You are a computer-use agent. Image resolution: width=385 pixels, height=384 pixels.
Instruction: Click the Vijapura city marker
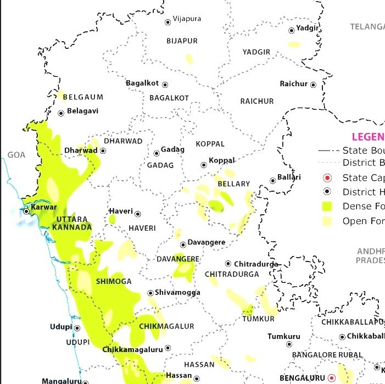(x=168, y=22)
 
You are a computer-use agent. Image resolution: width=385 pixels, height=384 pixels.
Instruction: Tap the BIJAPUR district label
(x=182, y=41)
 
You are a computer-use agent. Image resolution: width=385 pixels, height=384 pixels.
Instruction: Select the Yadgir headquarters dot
(x=292, y=31)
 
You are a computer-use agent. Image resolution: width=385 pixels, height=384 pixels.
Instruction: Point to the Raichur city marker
(x=313, y=85)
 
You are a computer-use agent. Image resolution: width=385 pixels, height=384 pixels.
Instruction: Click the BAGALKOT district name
(x=169, y=98)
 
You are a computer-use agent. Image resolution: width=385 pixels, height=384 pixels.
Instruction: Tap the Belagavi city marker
(x=61, y=113)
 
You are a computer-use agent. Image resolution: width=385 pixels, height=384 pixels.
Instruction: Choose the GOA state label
(x=16, y=155)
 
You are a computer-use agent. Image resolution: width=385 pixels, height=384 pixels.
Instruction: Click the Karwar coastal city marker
(x=26, y=211)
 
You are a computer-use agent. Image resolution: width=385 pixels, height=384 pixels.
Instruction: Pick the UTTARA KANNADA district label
(x=72, y=223)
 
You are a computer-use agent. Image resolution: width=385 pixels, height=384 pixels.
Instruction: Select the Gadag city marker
(x=157, y=153)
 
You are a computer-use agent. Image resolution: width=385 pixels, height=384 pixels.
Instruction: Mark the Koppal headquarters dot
(x=204, y=164)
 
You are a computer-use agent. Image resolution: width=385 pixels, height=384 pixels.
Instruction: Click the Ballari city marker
(x=272, y=180)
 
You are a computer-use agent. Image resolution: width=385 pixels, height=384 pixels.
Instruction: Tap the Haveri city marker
(x=138, y=214)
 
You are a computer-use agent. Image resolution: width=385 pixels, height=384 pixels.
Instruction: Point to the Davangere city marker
(x=183, y=245)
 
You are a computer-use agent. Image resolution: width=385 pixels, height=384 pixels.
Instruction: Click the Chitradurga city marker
(x=228, y=264)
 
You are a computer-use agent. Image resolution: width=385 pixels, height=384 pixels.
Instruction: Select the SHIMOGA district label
(x=114, y=281)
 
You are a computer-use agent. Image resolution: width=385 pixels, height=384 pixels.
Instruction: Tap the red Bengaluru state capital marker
(x=331, y=378)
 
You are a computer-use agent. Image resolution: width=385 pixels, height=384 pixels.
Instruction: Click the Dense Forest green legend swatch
(x=328, y=207)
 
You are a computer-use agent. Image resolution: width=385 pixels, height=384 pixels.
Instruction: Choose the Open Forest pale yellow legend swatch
(x=328, y=221)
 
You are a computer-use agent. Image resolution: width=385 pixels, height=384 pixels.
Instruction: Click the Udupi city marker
(x=77, y=328)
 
